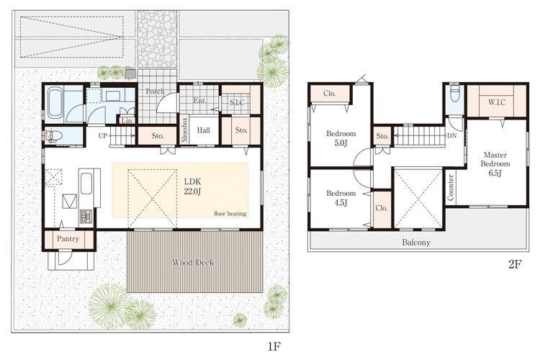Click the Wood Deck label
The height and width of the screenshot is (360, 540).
[x=193, y=263]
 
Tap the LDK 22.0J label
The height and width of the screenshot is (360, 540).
[x=192, y=186]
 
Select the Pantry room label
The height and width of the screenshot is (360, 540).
[x=68, y=239]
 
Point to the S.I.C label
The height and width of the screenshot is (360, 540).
[x=237, y=102]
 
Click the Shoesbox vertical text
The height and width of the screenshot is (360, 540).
[x=184, y=130]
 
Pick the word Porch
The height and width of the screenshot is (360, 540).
[x=155, y=91]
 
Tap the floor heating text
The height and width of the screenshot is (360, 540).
[x=230, y=214]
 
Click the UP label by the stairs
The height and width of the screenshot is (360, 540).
[x=102, y=136]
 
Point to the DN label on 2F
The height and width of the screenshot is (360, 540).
[x=452, y=136]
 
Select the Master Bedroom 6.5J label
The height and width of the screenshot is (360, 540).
[x=495, y=164]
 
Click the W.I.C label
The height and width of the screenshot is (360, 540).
[x=497, y=102]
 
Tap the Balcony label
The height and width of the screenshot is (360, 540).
[x=416, y=243]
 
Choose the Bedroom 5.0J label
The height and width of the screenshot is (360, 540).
[x=341, y=138]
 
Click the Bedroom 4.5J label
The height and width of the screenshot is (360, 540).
[x=341, y=198]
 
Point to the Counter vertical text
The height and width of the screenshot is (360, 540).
[x=451, y=187]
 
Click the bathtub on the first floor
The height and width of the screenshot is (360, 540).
[x=55, y=102]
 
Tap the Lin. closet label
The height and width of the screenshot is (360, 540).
[x=127, y=120]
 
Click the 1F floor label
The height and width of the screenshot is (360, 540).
[x=274, y=346]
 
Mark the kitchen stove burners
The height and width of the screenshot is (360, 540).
[x=86, y=216]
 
